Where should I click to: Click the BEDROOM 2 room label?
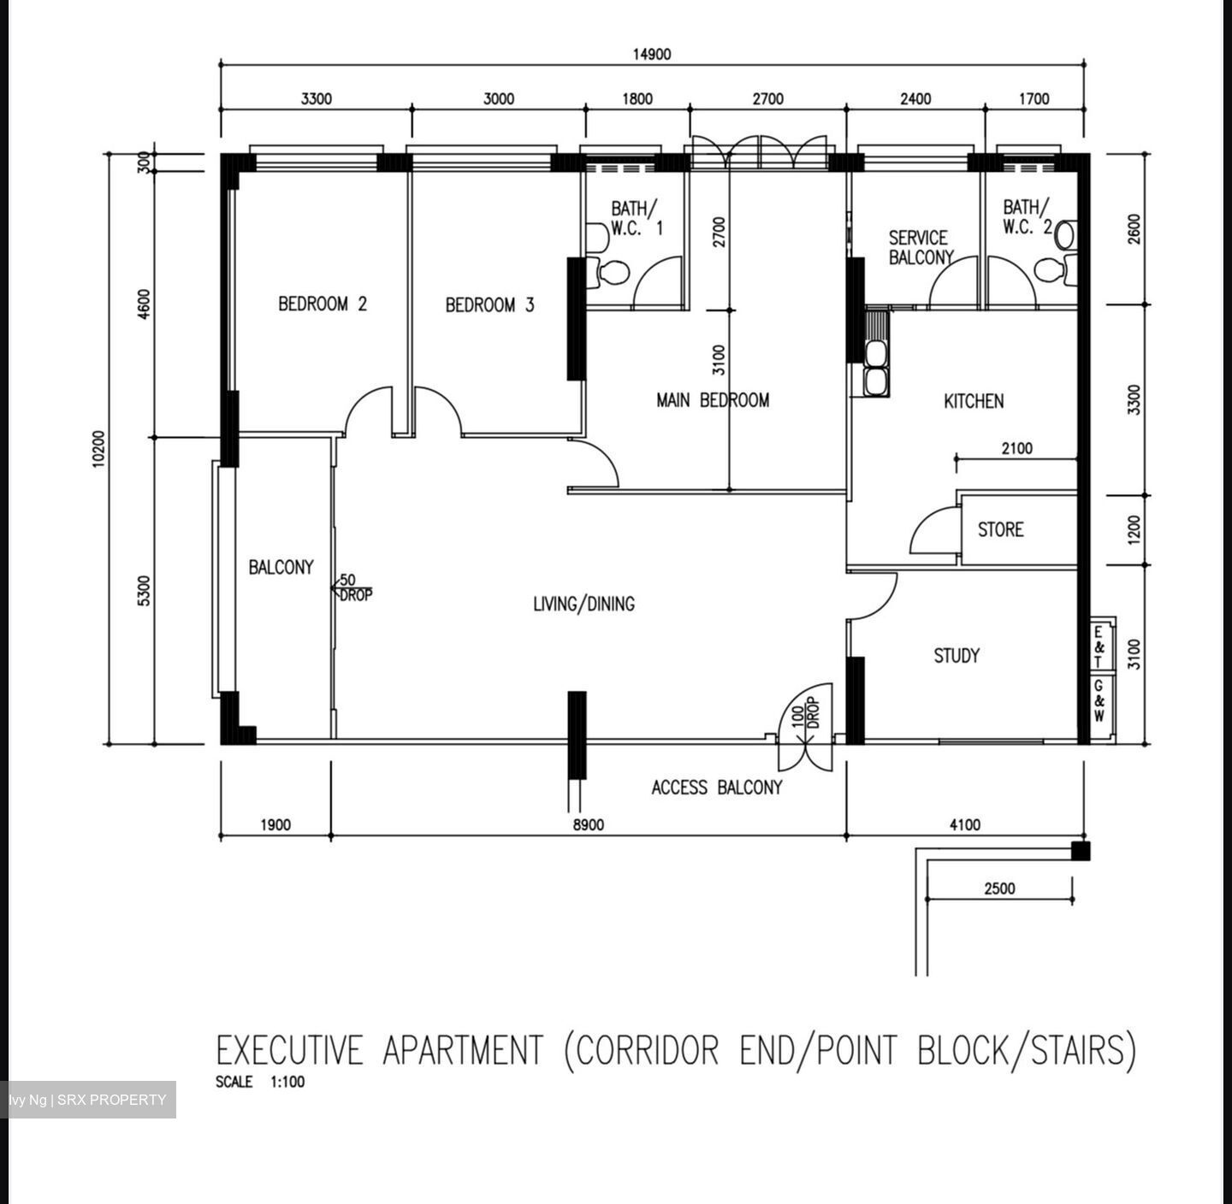323,304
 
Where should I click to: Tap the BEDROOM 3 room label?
489,304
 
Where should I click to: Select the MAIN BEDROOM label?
712,400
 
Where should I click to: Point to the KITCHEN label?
973,401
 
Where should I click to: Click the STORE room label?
1000,529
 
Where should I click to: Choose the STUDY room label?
956,656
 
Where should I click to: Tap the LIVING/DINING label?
583,605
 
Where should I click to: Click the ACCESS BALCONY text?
716,788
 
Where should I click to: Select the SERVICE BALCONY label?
919,247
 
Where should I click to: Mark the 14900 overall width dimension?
651,55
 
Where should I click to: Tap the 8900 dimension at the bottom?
588,825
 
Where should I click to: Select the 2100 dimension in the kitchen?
1016,448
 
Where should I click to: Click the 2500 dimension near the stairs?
998,888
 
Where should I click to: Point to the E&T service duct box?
1099,646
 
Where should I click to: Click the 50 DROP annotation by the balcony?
353,587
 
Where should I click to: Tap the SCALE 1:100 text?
260,1082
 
